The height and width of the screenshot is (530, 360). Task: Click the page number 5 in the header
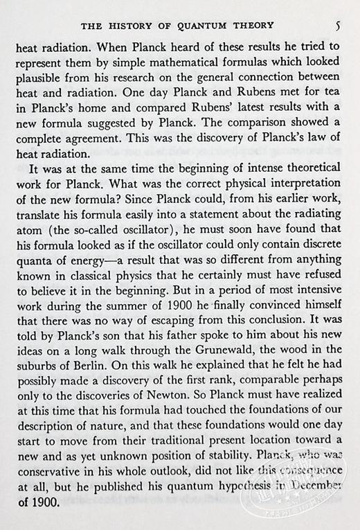[336, 28]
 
